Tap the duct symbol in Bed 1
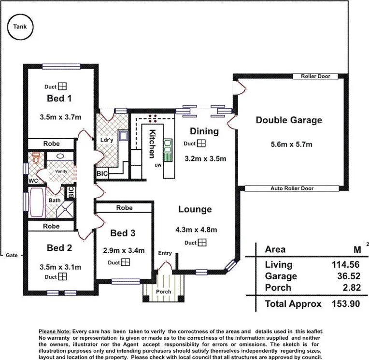click(x=62, y=86)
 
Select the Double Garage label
click(x=289, y=120)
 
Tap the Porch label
click(x=163, y=292)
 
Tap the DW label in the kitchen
click(x=158, y=165)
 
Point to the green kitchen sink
click(x=169, y=149)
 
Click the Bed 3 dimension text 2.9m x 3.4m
click(x=124, y=251)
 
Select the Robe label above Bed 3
click(x=125, y=208)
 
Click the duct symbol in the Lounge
click(x=202, y=243)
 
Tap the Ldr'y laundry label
click(x=107, y=140)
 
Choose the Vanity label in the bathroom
click(x=61, y=171)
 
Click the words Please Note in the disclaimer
click(x=55, y=331)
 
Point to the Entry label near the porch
click(x=165, y=253)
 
